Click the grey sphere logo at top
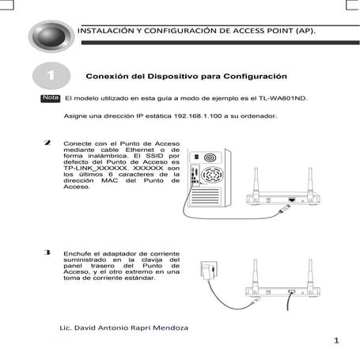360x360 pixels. click(51, 36)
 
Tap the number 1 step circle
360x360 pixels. click(51, 76)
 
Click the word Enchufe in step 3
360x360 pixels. click(78, 253)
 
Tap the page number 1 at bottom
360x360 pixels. click(336, 340)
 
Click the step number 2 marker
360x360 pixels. click(50, 142)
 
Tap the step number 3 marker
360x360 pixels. click(50, 252)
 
